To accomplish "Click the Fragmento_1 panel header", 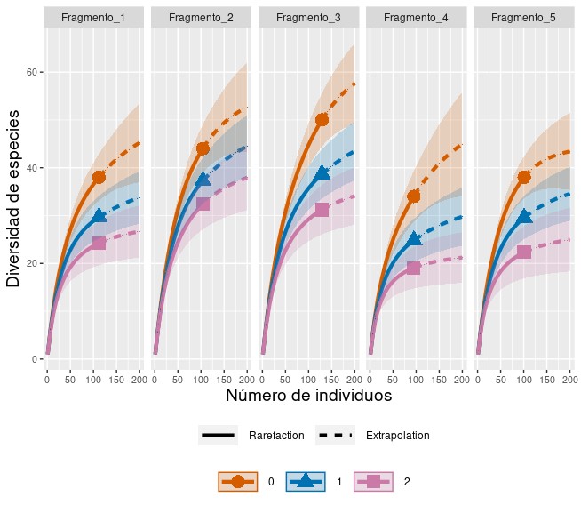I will click(x=93, y=17).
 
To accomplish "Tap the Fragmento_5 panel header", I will click(x=522, y=17).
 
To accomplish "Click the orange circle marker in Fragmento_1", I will click(x=99, y=178).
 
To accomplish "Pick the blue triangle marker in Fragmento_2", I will click(x=203, y=180).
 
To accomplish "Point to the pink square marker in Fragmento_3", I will click(x=322, y=210).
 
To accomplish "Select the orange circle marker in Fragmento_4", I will click(x=414, y=196).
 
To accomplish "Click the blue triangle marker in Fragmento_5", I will click(x=524, y=216).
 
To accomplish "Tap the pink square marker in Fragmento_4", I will click(x=413, y=268).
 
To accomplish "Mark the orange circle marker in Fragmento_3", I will click(x=322, y=120).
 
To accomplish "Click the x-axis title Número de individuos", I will click(x=308, y=396).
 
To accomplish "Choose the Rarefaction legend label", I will click(x=276, y=436).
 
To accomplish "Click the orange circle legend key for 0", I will click(x=237, y=481).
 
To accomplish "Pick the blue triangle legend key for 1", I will click(x=305, y=481).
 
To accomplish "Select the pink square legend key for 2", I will click(x=373, y=481).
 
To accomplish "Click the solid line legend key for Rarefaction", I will click(x=219, y=436).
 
